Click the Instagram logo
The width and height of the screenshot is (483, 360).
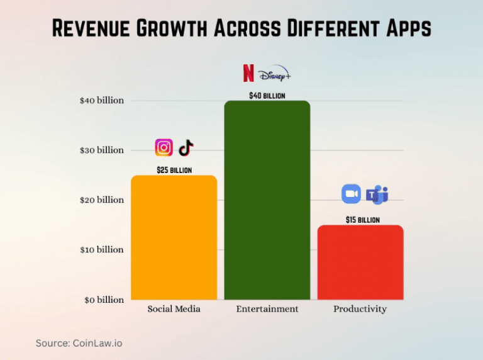164,147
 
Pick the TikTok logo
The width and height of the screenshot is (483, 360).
186,147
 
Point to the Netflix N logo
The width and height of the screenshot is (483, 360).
248,73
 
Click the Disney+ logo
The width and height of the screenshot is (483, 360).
275,74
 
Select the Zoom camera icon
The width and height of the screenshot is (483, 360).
351,194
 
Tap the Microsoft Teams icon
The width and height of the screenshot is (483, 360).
377,195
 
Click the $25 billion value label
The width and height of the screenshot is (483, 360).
174,170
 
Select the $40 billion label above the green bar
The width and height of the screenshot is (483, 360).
267,96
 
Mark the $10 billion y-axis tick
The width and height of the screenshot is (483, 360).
102,250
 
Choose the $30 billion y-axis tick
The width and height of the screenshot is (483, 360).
102,150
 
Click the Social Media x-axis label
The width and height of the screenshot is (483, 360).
174,309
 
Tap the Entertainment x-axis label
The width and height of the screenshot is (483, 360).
267,309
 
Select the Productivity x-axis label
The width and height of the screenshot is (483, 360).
360,309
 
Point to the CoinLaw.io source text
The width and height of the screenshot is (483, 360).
97,343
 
